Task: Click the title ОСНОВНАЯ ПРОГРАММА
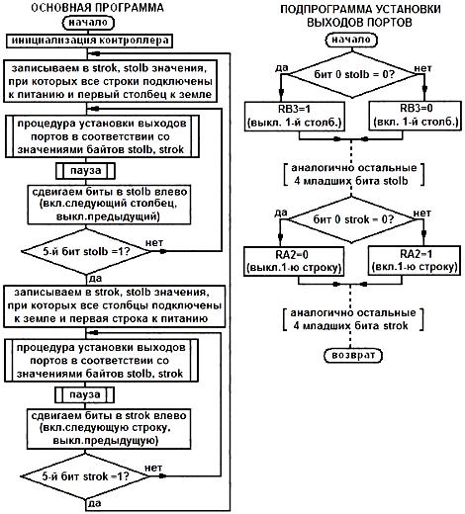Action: pyautogui.click(x=97, y=8)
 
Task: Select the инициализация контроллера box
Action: pyautogui.click(x=89, y=41)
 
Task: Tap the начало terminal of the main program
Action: pyautogui.click(x=88, y=23)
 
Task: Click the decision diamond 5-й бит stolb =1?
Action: pyautogui.click(x=86, y=251)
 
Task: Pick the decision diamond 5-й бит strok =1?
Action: pyautogui.click(x=85, y=476)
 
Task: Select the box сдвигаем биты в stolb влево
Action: pyautogui.click(x=109, y=205)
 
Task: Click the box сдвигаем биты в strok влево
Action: pyautogui.click(x=109, y=429)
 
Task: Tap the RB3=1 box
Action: pyautogui.click(x=295, y=116)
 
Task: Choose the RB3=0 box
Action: pyautogui.click(x=416, y=116)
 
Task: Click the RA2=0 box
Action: pyautogui.click(x=294, y=261)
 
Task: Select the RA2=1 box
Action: pyautogui.click(x=415, y=260)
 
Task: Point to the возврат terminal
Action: pyautogui.click(x=353, y=355)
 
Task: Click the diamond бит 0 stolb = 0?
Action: pyautogui.click(x=352, y=74)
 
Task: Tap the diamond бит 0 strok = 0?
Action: pyautogui.click(x=351, y=219)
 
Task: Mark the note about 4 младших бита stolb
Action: pyautogui.click(x=353, y=174)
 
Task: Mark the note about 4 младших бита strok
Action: pyautogui.click(x=352, y=319)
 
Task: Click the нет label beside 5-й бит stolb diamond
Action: pyautogui.click(x=154, y=243)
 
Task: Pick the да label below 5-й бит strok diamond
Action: pyautogui.click(x=95, y=503)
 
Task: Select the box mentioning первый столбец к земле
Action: pyautogui.click(x=111, y=81)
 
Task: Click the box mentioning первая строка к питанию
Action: pyautogui.click(x=114, y=306)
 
